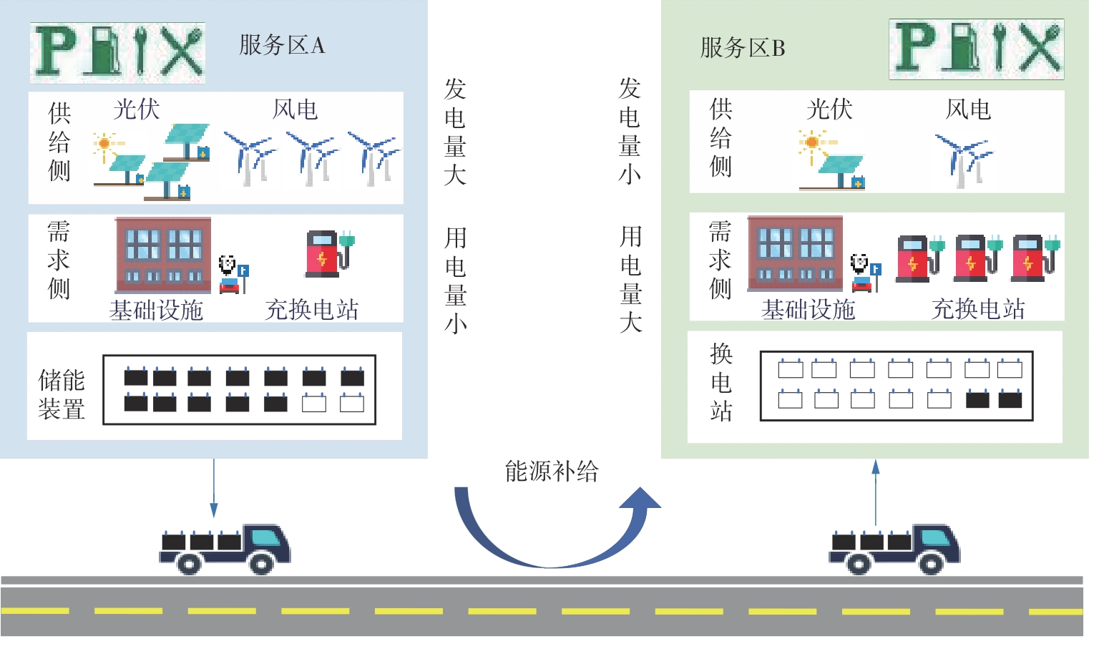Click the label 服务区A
[281, 45]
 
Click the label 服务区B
[742, 48]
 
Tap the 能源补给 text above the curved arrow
[551, 472]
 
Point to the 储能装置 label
[62, 394]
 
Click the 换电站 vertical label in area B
[721, 382]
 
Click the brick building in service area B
[795, 253]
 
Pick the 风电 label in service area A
[295, 109]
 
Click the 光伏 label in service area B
[829, 109]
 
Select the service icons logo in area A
[117, 52]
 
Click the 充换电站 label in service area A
[311, 310]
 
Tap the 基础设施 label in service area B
[808, 310]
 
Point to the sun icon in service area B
[811, 142]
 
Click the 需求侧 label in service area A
[59, 260]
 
